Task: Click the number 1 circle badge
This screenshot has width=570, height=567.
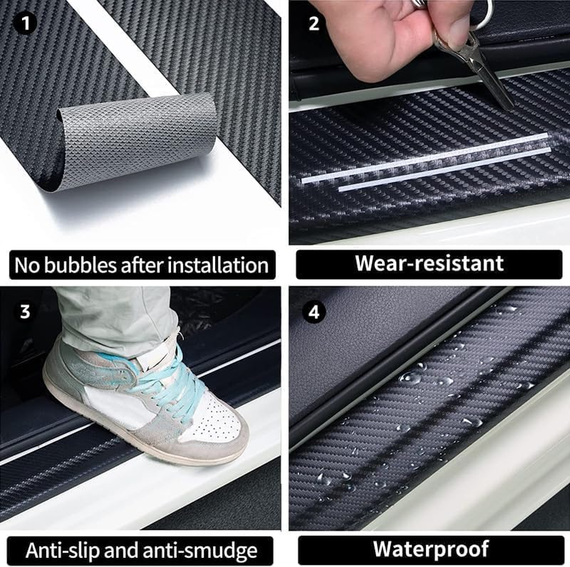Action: pos(26,24)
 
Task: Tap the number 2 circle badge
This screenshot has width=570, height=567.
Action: pos(314,23)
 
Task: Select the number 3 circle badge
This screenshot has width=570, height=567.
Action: pos(26,310)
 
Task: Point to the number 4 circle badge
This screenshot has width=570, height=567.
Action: pos(314,310)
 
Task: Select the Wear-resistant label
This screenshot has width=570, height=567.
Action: pos(429,264)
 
